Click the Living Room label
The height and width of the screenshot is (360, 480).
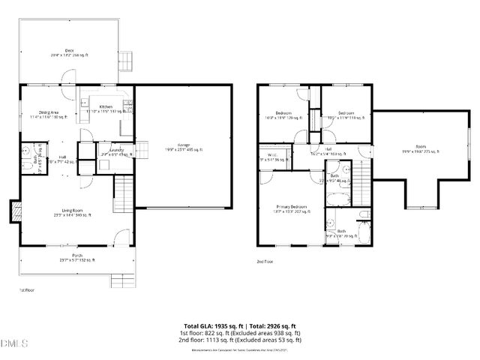coord(72,212)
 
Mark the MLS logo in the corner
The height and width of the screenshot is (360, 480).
coord(13,344)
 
